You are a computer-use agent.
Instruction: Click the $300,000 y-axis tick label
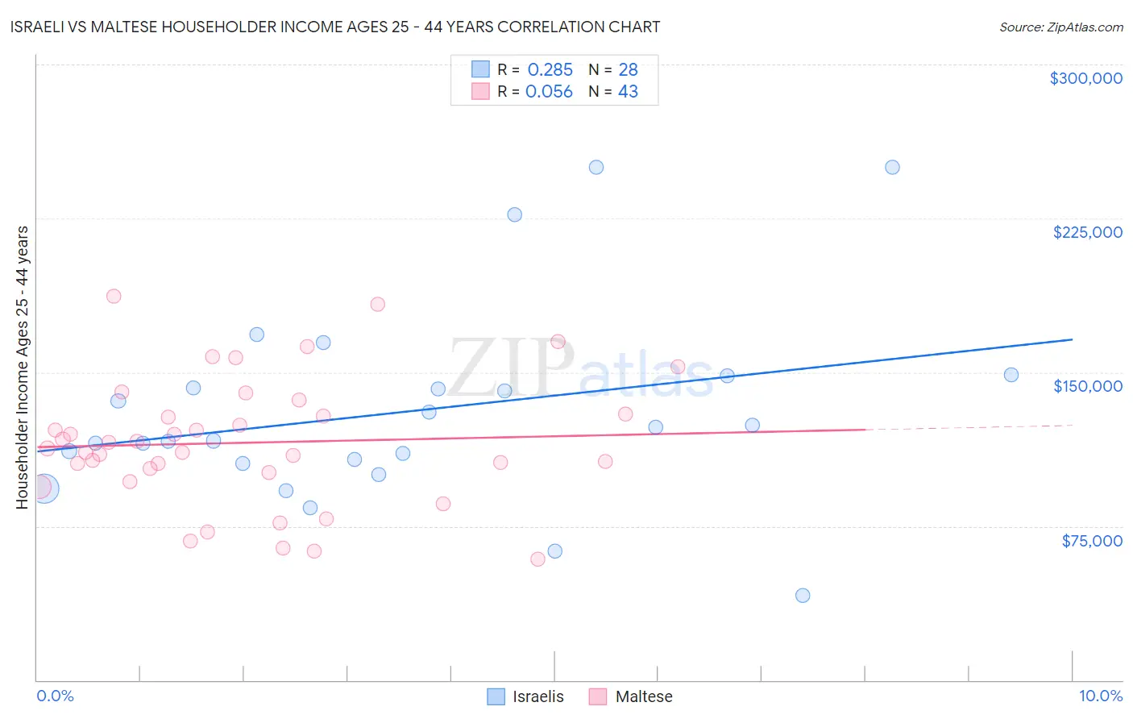[x=1085, y=78]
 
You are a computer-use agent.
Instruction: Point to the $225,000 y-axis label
[x=1087, y=232]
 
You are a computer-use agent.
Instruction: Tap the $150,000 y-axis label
[x=1087, y=386]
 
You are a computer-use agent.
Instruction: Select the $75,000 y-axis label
[x=1091, y=541]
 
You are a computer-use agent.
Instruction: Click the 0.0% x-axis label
[x=55, y=696]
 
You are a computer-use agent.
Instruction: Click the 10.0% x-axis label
[x=1100, y=696]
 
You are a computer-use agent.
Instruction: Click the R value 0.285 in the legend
[x=550, y=70]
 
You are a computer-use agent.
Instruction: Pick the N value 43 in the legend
[x=628, y=92]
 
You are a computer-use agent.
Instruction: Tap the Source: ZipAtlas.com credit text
[x=1060, y=27]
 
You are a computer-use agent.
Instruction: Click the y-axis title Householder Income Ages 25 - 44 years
[x=22, y=368]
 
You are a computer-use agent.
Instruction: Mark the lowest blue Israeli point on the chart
[x=803, y=596]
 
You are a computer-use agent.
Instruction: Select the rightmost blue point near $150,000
[x=1011, y=375]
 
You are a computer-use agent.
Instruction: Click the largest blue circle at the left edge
[x=44, y=488]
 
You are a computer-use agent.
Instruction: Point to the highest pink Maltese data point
[x=114, y=296]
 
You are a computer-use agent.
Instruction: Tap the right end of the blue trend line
[x=1071, y=339]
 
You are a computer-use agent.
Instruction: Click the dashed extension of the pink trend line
[x=967, y=427]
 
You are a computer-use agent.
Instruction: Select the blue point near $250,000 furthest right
[x=892, y=168]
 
